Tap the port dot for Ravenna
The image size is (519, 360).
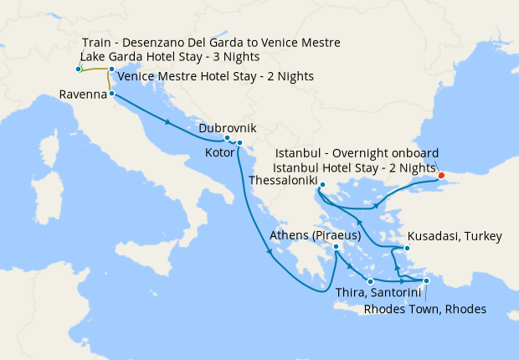click(112, 95)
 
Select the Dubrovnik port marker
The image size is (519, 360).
click(227, 138)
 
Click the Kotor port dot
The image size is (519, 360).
click(239, 143)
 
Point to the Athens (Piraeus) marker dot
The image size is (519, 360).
click(336, 247)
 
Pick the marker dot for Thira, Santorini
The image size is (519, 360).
click(370, 281)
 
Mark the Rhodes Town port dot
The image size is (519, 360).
click(426, 281)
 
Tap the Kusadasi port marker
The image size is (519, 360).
click(407, 249)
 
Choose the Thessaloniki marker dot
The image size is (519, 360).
click(321, 187)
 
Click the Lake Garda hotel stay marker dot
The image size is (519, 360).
click(78, 69)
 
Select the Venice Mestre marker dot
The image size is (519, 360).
click(112, 69)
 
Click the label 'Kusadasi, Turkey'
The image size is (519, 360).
click(455, 237)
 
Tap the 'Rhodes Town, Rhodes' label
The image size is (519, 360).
click(424, 309)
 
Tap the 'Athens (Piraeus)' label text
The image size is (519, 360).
click(315, 236)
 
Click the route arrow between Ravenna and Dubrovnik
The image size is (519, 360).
click(170, 122)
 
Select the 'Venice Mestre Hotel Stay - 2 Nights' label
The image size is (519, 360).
click(216, 76)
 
